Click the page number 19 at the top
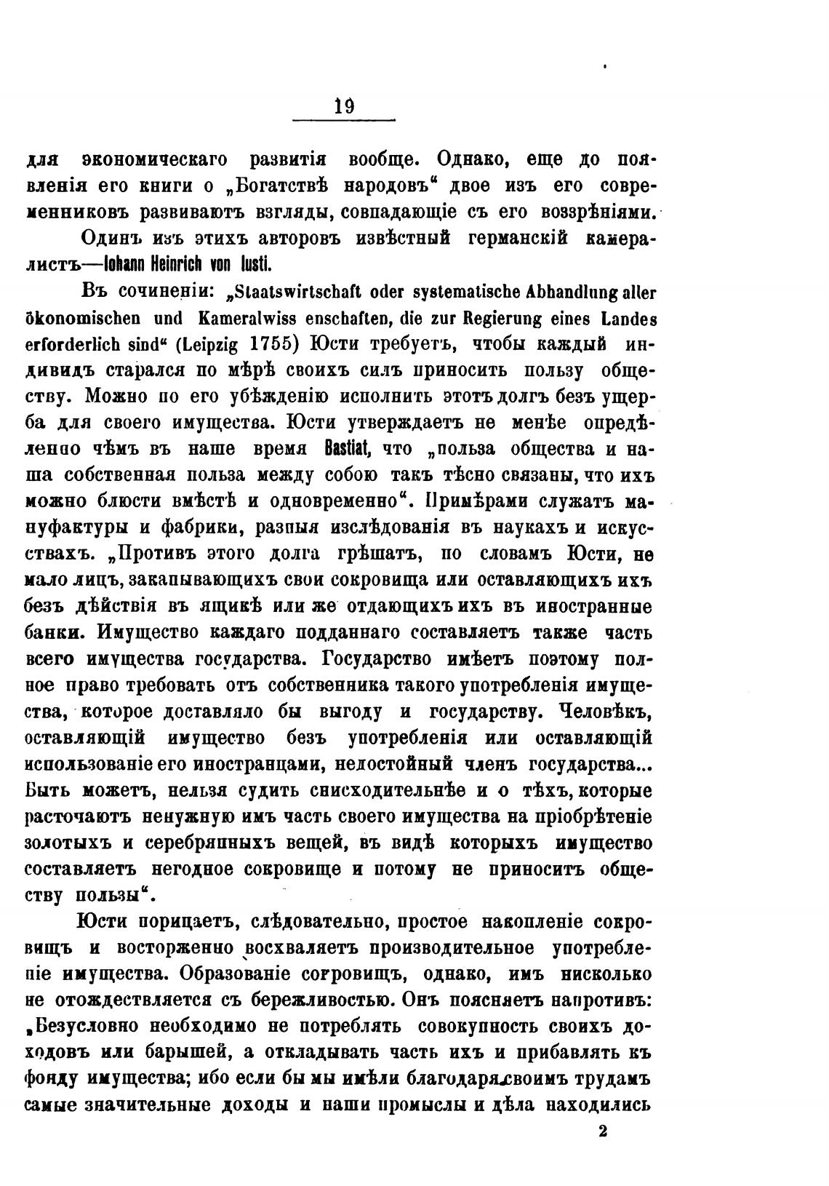tap(343, 106)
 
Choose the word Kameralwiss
tap(235, 318)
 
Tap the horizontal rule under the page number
tap(343, 120)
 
